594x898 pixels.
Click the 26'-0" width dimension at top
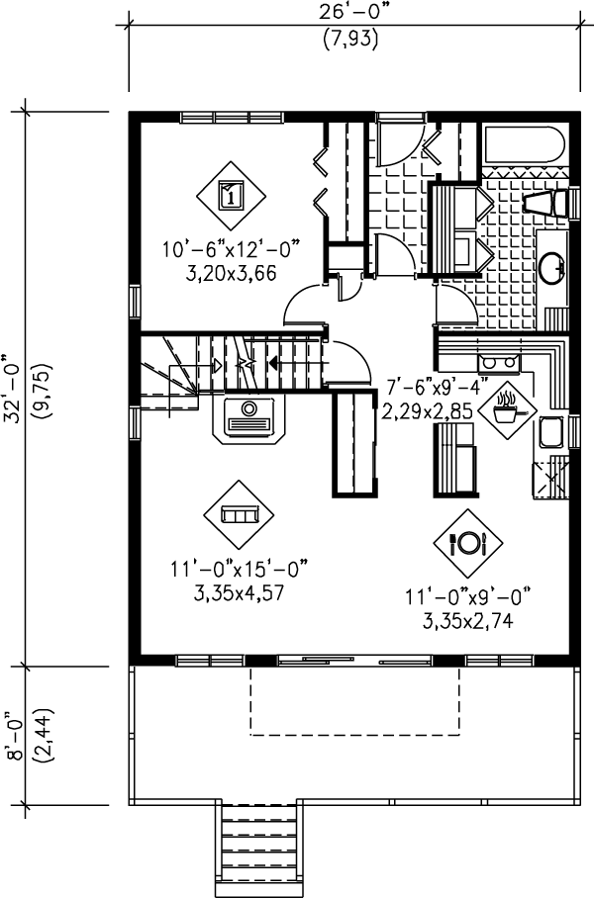[x=352, y=13]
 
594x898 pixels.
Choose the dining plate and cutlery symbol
[x=468, y=542]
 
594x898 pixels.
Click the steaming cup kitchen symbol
[x=507, y=406]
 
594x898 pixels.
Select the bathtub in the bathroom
[x=524, y=149]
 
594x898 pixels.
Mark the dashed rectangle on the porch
[x=352, y=700]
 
